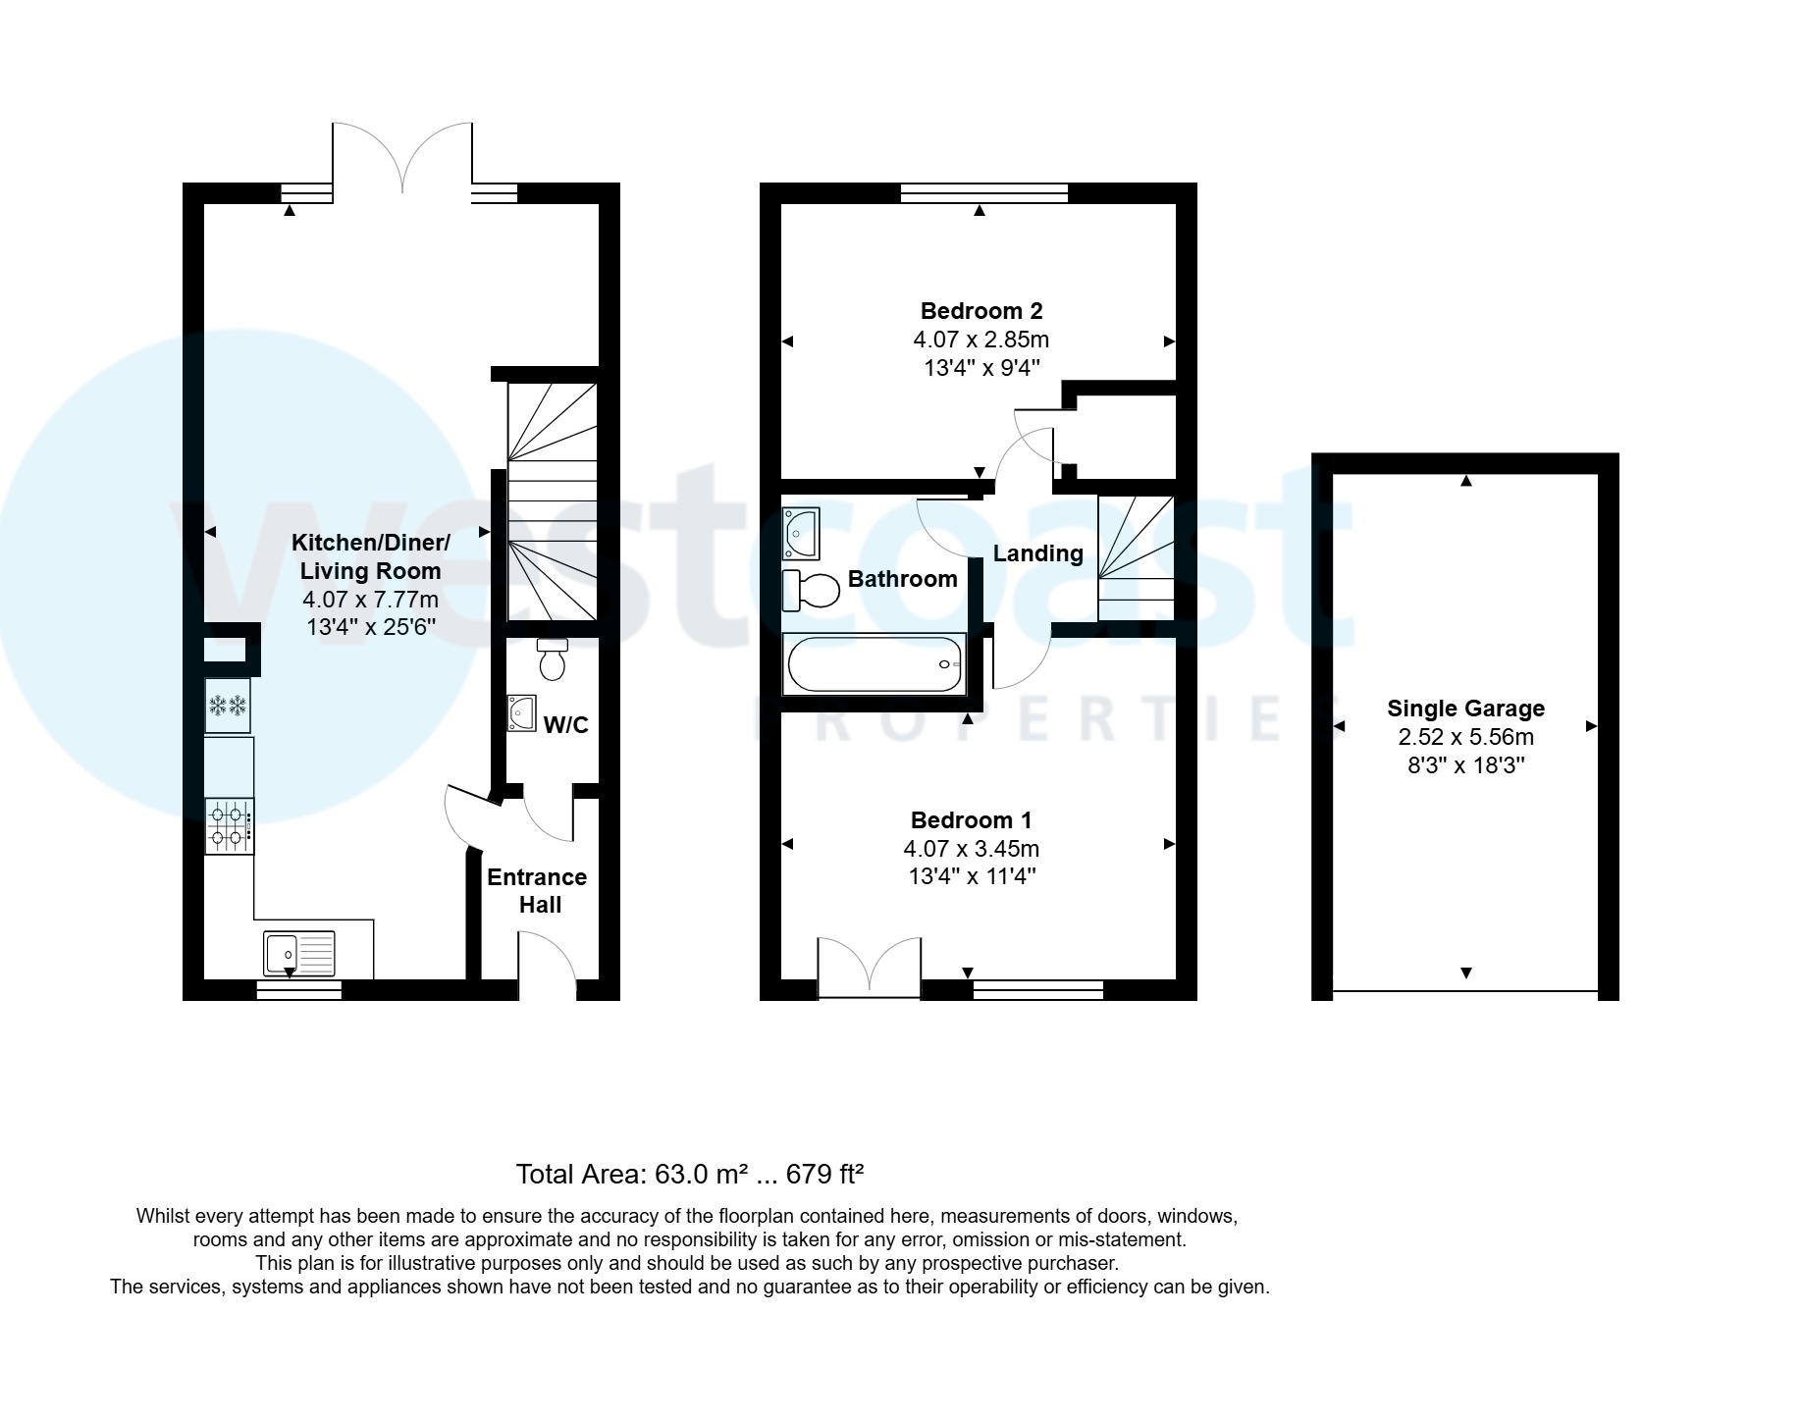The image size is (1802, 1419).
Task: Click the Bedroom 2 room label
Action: tap(980, 311)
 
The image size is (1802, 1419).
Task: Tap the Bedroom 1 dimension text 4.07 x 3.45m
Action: tap(971, 848)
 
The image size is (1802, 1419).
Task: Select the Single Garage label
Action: tap(1465, 709)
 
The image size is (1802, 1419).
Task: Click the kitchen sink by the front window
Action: tap(299, 952)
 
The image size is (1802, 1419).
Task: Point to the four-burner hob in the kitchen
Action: tap(229, 825)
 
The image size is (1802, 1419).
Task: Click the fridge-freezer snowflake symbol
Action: tap(227, 705)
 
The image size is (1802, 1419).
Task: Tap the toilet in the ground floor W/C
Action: tap(553, 659)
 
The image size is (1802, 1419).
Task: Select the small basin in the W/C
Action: tap(521, 713)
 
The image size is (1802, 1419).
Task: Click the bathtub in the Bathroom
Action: tap(874, 664)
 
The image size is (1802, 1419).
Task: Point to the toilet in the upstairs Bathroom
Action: tap(812, 590)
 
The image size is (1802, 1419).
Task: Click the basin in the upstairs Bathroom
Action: tap(801, 534)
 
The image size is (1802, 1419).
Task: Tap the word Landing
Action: tap(1037, 553)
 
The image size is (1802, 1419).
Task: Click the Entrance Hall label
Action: tap(538, 890)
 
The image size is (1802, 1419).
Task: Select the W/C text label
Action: tap(566, 725)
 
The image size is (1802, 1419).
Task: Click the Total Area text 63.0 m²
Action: tap(689, 1174)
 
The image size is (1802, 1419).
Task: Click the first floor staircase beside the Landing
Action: tap(1136, 559)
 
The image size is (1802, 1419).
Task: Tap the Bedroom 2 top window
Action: tap(984, 193)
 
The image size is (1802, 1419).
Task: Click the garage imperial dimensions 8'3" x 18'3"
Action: tap(1465, 765)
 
